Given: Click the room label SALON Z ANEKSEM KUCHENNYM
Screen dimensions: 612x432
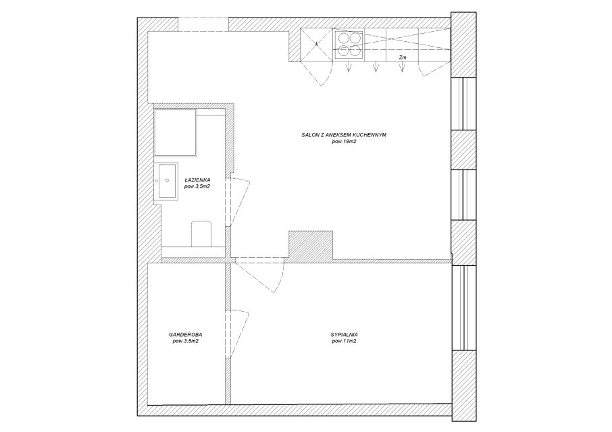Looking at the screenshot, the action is (x=343, y=135).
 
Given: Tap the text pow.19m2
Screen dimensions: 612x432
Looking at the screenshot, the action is (x=344, y=142).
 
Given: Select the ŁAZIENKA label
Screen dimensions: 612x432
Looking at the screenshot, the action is (x=198, y=180).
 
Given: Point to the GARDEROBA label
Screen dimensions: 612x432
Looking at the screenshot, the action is (x=185, y=335).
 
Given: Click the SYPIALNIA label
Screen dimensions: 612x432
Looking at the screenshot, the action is (x=344, y=335).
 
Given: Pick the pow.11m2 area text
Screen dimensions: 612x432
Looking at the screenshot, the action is (x=344, y=341).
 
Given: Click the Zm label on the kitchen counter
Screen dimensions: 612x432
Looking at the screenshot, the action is (x=403, y=57).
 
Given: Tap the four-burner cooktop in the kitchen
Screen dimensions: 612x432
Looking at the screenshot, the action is (x=349, y=45).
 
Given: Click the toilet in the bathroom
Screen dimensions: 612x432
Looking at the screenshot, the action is (x=201, y=234).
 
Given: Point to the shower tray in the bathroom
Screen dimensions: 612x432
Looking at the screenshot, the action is (x=176, y=132).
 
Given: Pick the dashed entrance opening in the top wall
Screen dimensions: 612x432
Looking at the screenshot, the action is (x=203, y=24).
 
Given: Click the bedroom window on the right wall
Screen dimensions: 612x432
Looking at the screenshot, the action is (x=463, y=308).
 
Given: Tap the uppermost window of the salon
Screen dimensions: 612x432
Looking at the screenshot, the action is (x=463, y=103).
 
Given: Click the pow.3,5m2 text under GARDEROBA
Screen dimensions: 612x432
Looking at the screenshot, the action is (x=185, y=341).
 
